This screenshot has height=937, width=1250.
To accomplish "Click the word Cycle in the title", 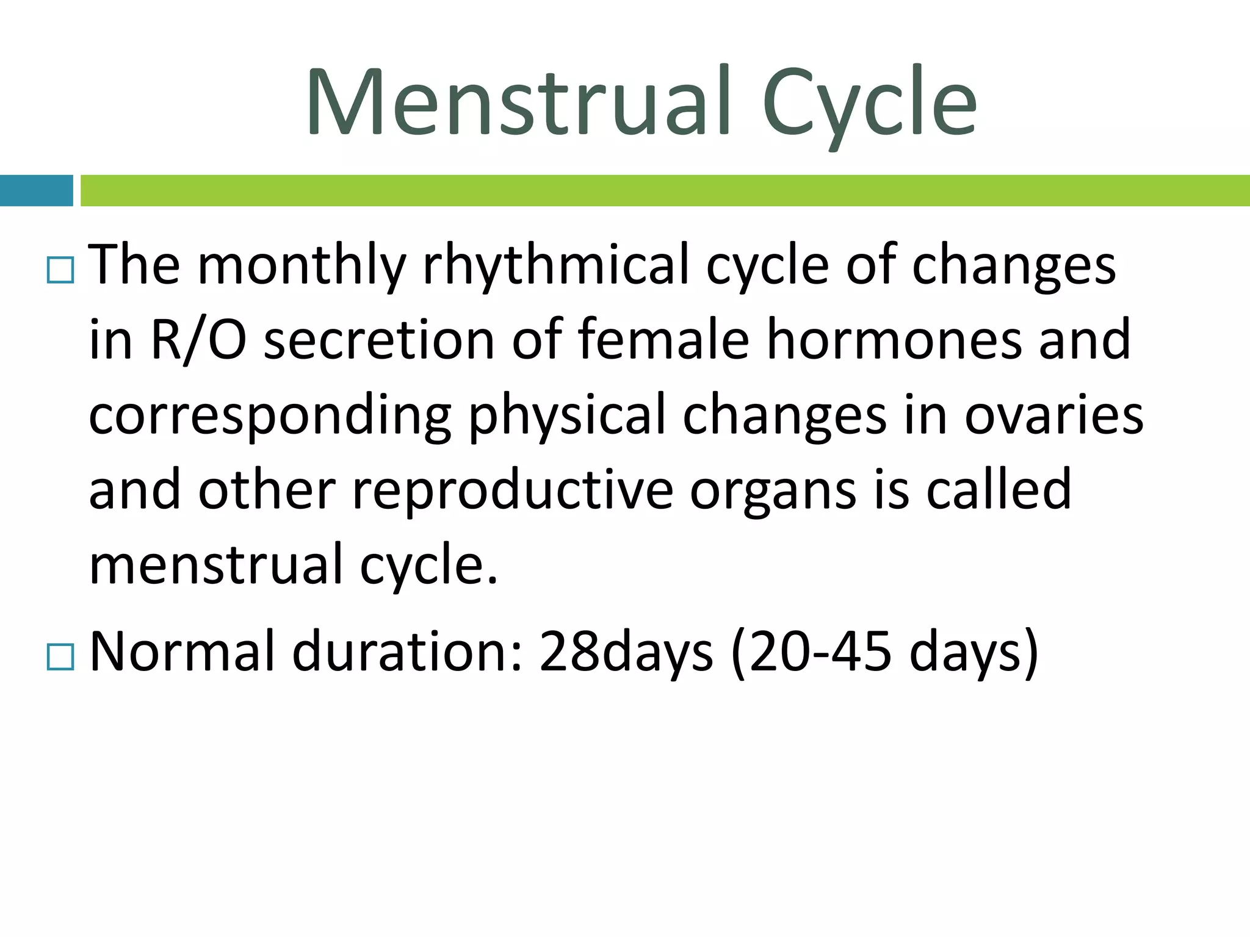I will [869, 102].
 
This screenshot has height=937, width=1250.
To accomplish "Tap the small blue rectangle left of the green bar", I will [36, 190].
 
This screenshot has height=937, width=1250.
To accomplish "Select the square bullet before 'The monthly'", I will [60, 270].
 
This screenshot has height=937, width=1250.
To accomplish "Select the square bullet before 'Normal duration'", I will [60, 658].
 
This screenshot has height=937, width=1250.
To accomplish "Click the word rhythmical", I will [555, 266].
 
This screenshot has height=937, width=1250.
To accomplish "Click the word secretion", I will [378, 340].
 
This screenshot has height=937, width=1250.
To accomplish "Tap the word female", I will [662, 340].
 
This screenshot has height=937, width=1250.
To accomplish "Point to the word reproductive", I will [513, 490].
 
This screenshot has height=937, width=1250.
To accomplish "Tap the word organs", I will [773, 490].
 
